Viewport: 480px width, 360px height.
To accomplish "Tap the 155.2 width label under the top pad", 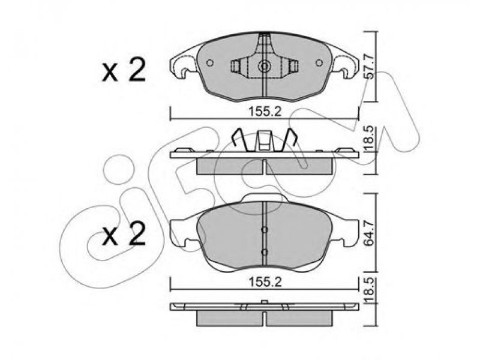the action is tap(264, 112).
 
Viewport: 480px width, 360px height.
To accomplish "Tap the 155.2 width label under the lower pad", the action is tap(264, 282).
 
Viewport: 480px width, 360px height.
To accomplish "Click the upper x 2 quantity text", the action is tap(124, 71).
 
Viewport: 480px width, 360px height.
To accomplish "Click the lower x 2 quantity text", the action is tap(124, 234).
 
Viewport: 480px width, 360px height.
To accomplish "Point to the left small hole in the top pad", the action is tap(209, 62).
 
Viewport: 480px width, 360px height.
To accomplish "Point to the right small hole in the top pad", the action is tap(319, 62).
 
